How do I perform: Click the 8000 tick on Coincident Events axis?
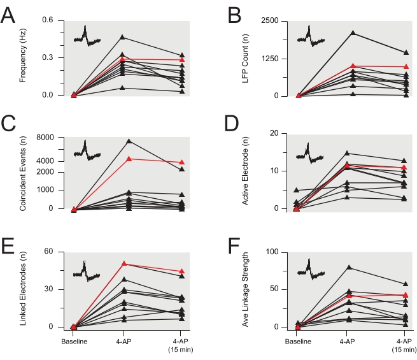(x=52, y=137)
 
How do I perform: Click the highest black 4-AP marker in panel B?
(x=347, y=32)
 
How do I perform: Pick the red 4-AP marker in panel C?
(x=129, y=159)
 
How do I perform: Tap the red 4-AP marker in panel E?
(x=124, y=264)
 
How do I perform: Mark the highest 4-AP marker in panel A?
(x=123, y=38)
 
